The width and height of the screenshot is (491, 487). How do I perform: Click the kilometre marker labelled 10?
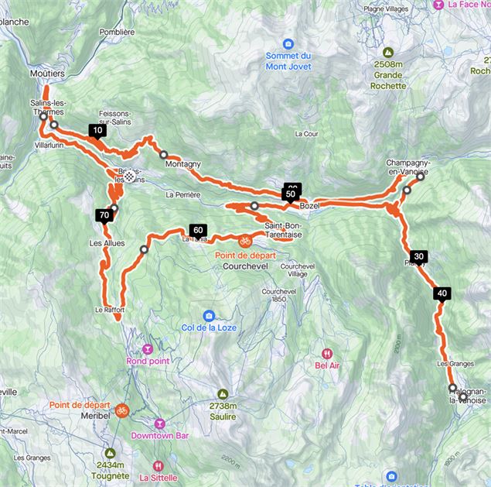97,131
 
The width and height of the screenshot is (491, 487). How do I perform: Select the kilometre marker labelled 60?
197,230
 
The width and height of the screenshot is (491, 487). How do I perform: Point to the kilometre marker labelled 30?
418,256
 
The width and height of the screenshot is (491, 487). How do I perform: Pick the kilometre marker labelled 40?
442,293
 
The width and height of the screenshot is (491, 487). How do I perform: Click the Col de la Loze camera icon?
209,315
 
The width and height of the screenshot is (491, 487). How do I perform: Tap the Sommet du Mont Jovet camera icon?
288,43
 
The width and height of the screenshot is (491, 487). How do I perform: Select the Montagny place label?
182,164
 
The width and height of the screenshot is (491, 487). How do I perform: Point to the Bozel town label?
309,206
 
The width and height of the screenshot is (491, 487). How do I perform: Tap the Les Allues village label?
107,243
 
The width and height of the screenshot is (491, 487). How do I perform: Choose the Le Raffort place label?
110,309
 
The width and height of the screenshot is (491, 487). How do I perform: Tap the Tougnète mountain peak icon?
110,453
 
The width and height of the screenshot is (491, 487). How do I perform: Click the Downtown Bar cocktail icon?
160,424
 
